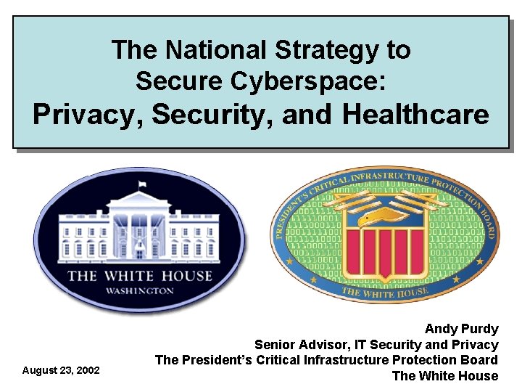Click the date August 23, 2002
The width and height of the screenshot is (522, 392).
point(61,370)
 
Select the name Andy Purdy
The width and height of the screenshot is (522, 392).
point(461,329)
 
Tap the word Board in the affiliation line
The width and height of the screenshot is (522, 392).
point(480,360)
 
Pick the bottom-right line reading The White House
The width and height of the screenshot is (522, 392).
point(444,376)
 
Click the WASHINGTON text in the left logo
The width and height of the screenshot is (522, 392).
point(140,290)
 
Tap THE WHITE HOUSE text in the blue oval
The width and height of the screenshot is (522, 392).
point(140,276)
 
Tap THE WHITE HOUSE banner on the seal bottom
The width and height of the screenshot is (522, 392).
point(385,292)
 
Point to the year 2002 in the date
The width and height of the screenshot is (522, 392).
point(88,370)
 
